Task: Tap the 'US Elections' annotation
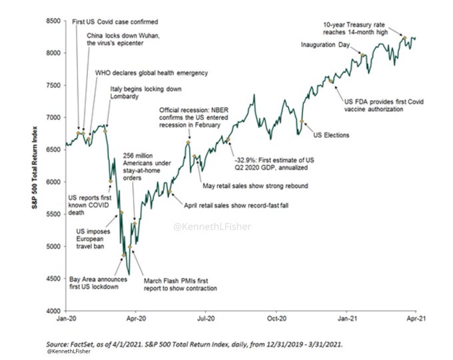click(331, 135)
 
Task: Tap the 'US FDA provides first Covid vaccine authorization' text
click(382, 105)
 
